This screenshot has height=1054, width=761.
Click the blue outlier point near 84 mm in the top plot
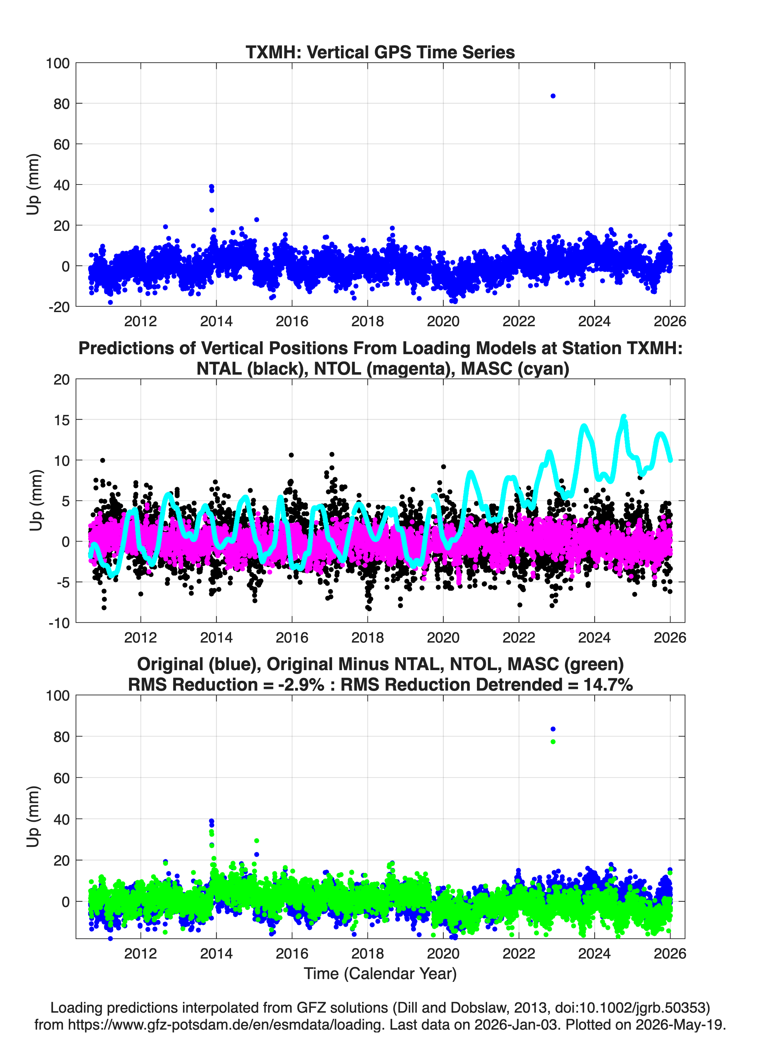(553, 96)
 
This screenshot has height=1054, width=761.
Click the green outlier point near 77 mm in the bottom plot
(553, 742)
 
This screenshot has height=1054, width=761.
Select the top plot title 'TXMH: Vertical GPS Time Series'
(380, 52)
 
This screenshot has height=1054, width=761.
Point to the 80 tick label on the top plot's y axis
(61, 104)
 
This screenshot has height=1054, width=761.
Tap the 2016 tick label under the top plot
(292, 321)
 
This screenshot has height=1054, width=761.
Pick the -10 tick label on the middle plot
(59, 623)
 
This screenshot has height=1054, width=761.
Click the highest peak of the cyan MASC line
(624, 416)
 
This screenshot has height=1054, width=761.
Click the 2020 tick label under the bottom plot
(443, 954)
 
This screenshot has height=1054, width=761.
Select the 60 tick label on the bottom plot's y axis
(61, 778)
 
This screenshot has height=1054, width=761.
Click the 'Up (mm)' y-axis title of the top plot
(33, 185)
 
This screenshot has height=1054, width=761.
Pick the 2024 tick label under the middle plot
(594, 637)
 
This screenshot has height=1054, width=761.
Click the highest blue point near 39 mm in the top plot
(211, 186)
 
